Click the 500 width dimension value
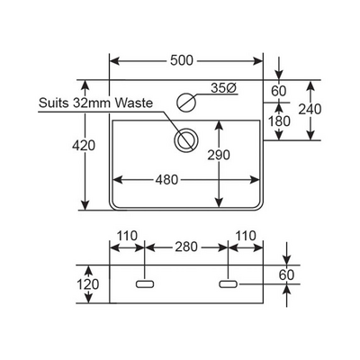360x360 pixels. (182, 60)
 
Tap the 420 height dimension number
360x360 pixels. (84, 146)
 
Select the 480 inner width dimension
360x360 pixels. (166, 180)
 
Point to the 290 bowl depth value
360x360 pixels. (219, 155)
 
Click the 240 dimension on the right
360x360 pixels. (310, 110)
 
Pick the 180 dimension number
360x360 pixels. (279, 121)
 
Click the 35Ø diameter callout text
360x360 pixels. (224, 88)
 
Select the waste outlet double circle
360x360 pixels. (186, 140)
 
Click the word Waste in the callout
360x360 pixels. (134, 103)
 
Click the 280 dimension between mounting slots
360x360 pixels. (186, 247)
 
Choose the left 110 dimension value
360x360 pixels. (127, 236)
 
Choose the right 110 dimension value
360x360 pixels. (246, 236)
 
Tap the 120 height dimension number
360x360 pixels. (88, 284)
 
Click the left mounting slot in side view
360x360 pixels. (145, 284)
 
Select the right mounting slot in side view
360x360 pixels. (229, 284)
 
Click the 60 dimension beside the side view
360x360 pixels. (286, 274)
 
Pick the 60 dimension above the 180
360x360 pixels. (279, 91)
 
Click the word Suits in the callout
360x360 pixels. (55, 103)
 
